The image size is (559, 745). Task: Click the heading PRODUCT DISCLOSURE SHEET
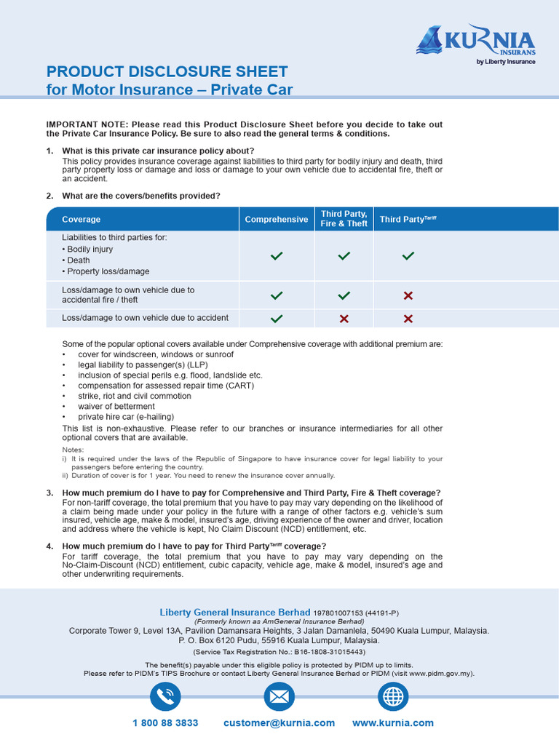click(x=167, y=71)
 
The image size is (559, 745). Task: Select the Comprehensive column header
click(x=277, y=219)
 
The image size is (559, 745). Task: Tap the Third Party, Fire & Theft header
click(x=344, y=219)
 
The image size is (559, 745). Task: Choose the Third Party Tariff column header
click(x=408, y=219)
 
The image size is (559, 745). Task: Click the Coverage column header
click(x=82, y=219)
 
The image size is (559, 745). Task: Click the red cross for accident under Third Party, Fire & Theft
click(x=344, y=319)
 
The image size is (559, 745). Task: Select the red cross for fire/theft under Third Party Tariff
click(x=408, y=295)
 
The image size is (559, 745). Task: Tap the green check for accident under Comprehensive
click(x=277, y=319)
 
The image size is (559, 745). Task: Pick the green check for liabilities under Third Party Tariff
click(x=408, y=256)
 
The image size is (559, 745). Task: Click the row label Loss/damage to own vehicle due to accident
click(x=145, y=318)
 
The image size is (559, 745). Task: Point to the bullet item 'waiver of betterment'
click(x=116, y=406)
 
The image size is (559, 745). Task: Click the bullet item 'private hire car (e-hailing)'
click(x=126, y=417)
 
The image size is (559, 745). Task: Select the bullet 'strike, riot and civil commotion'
click(x=135, y=396)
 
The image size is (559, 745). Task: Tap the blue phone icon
click(x=165, y=697)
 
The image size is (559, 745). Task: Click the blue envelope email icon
click(x=279, y=697)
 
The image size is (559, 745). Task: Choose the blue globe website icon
click(x=393, y=697)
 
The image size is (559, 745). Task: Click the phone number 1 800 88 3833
click(x=165, y=723)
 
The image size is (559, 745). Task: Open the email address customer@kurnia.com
click(x=279, y=723)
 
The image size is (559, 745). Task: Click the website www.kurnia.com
click(x=393, y=723)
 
